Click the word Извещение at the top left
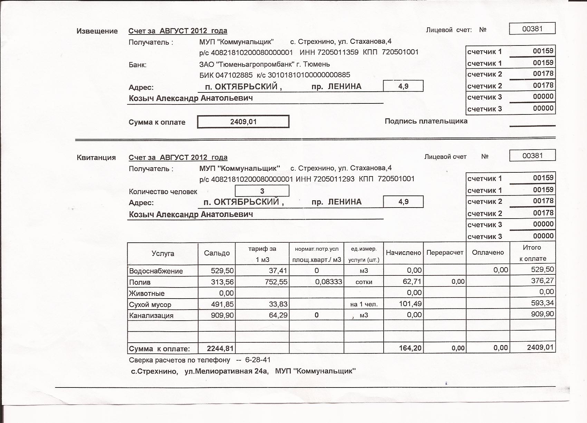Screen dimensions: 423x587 (97, 31)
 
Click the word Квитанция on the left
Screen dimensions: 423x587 (96, 158)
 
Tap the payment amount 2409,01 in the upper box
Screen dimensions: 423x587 (243, 122)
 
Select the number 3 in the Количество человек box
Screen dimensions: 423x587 (262, 191)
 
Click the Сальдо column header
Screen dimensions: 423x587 (216, 253)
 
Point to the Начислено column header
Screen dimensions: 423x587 (403, 253)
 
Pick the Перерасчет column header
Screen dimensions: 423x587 (445, 253)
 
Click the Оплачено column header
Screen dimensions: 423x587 (488, 253)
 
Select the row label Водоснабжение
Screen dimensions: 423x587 (156, 271)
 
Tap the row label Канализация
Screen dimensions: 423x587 (151, 315)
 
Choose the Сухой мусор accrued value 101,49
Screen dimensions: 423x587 (412, 304)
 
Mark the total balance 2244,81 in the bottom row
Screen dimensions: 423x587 (220, 349)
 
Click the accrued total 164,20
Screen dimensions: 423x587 (410, 348)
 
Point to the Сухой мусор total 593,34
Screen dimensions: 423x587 (542, 303)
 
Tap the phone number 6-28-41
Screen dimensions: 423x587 (258, 360)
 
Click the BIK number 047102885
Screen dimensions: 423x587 (234, 75)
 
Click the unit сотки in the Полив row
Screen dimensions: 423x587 (364, 282)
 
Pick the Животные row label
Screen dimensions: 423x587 (146, 293)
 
